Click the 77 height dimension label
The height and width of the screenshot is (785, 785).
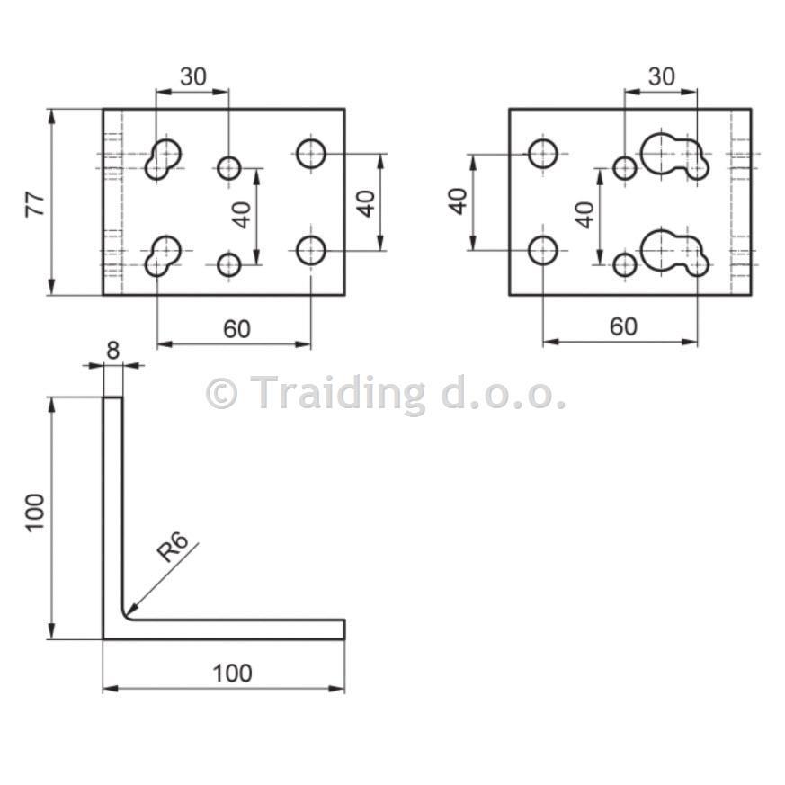coord(36,203)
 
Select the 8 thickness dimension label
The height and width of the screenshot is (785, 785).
coord(113,351)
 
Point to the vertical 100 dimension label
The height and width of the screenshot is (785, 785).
coord(36,513)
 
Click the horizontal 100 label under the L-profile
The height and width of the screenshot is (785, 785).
coord(232,673)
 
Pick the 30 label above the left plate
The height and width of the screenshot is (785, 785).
coord(192,76)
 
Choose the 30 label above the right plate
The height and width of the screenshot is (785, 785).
coord(661,76)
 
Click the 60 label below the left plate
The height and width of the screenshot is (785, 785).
coord(236,329)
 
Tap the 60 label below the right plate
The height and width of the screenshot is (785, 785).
coord(624,326)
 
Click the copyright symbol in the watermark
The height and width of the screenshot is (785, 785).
coord(221,394)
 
